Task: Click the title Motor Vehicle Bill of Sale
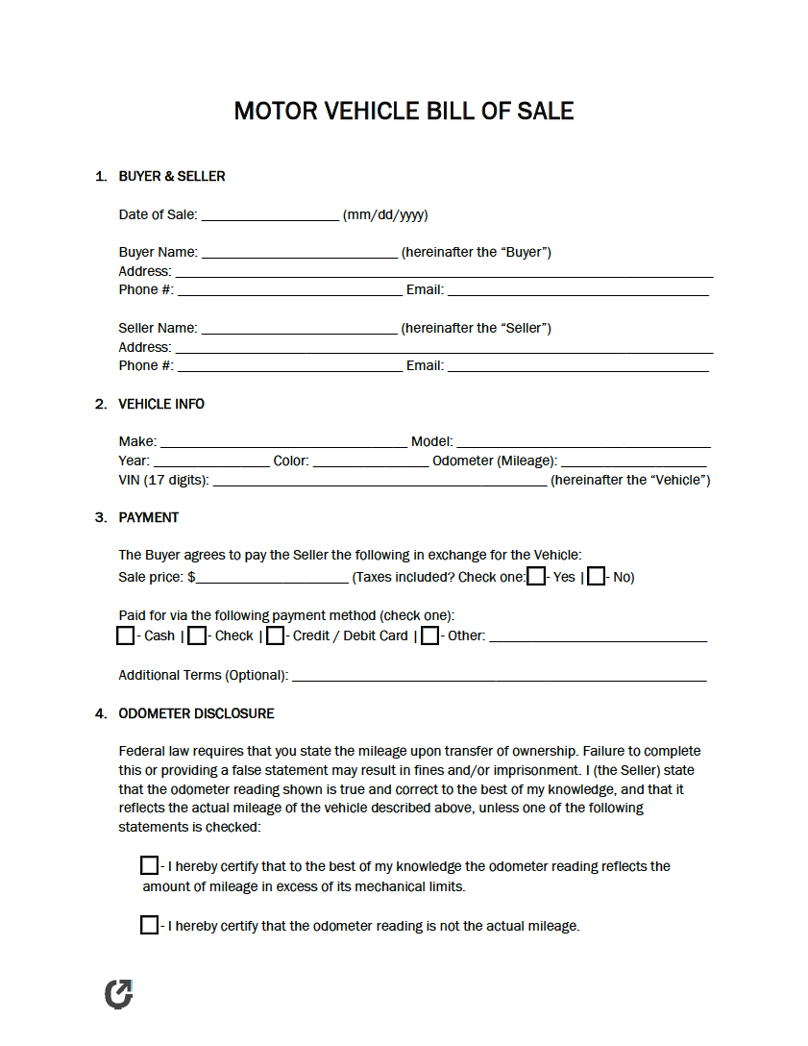tap(404, 111)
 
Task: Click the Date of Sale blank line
tap(270, 216)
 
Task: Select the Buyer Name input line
tap(299, 254)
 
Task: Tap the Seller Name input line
tap(299, 330)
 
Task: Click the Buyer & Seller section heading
tap(172, 176)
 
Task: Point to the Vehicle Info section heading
tap(161, 404)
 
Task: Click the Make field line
tap(283, 443)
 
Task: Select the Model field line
tap(583, 443)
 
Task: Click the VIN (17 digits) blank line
tap(380, 482)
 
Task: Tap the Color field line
tap(371, 462)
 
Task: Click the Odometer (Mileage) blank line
tap(634, 462)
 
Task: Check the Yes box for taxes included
tap(537, 577)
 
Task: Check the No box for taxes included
tap(597, 577)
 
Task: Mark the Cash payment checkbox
tap(126, 635)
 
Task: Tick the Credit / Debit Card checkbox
tap(276, 635)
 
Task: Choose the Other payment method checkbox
tap(430, 635)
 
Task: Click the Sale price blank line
tap(272, 579)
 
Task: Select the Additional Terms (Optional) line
tap(499, 677)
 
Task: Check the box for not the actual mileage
tap(149, 926)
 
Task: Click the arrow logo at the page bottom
tap(118, 994)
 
